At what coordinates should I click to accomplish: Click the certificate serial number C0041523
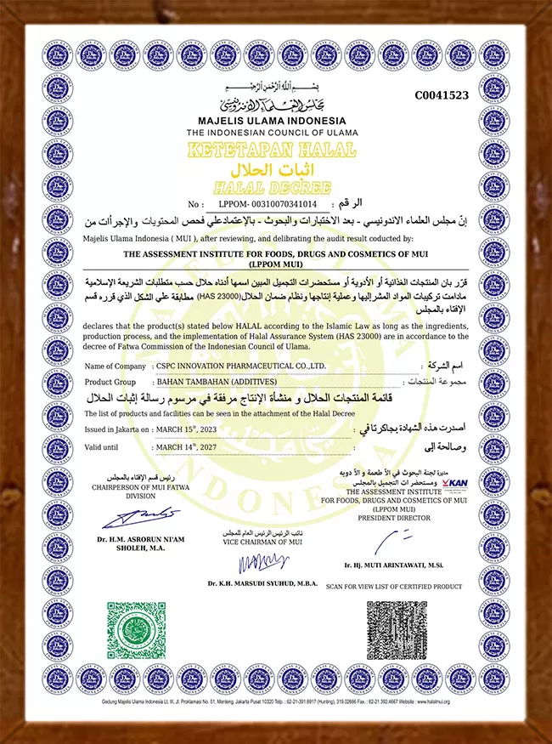point(441,95)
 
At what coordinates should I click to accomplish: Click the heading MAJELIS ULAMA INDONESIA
point(273,122)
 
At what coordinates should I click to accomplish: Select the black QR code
point(397,630)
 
